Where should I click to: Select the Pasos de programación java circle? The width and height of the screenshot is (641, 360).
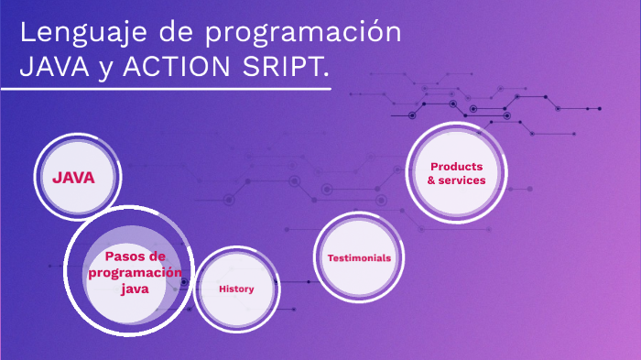pyautogui.click(x=128, y=272)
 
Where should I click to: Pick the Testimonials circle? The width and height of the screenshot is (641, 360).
pyautogui.click(x=359, y=257)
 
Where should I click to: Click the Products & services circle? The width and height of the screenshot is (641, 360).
pyautogui.click(x=456, y=173)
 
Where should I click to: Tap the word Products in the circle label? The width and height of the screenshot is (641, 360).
pyautogui.click(x=456, y=166)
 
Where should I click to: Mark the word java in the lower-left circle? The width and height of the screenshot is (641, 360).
pyautogui.click(x=134, y=289)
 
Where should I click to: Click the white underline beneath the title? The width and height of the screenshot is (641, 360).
pyautogui.click(x=165, y=90)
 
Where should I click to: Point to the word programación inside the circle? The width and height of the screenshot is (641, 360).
pyautogui.click(x=135, y=272)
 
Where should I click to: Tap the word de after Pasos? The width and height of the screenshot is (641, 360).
pyautogui.click(x=158, y=256)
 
